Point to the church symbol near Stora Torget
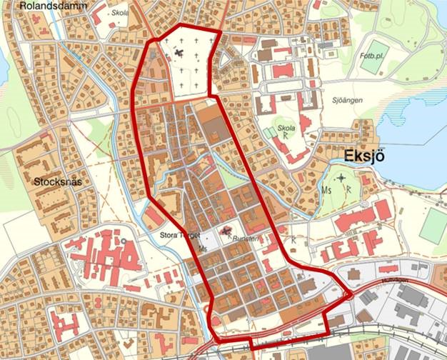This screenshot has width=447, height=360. (227, 231)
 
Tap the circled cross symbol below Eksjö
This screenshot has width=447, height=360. (342, 178)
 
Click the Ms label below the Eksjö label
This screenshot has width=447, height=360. (328, 191)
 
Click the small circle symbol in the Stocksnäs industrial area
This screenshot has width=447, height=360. (123, 241)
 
